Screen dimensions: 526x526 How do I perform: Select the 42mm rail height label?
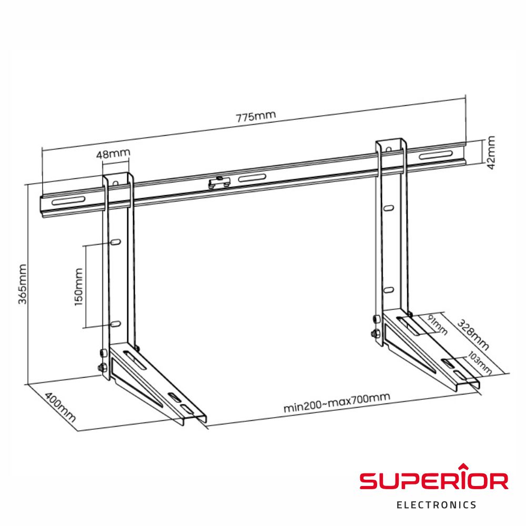click(491, 152)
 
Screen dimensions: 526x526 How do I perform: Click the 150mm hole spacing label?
click(79, 287)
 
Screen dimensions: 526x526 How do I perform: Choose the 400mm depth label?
click(59, 408)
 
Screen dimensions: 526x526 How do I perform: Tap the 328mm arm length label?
click(472, 335)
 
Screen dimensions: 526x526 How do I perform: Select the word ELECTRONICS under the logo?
click(436, 505)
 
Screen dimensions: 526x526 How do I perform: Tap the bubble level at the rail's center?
click(219, 183)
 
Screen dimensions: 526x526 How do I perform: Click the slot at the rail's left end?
click(67, 200)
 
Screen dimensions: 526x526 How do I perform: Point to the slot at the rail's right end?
click(435, 156)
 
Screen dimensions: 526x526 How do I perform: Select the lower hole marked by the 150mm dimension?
click(116, 325)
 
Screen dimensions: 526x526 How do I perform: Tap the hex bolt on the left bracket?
click(102, 367)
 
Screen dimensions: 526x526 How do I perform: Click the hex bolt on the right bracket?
click(374, 332)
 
